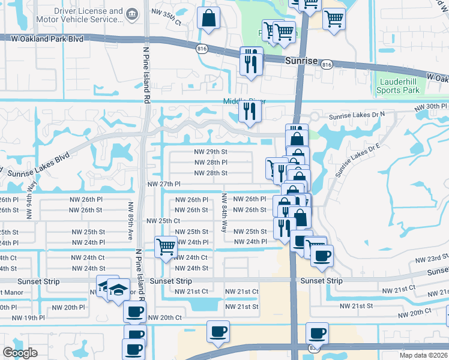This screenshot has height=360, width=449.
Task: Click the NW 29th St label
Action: click(211, 152)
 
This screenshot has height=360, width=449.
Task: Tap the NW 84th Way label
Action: click(224, 212)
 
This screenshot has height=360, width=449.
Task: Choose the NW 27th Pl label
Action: click(164, 184)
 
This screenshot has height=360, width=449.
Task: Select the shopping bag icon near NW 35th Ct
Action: click(208, 19)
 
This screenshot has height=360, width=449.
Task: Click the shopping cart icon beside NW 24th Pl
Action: click(165, 245)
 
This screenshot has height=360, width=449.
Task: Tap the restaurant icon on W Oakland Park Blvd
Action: click(250, 62)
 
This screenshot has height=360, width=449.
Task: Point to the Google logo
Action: click(20, 353)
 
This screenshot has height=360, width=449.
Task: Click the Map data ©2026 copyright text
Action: click(423, 355)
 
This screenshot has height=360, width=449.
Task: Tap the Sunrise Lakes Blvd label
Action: click(39, 164)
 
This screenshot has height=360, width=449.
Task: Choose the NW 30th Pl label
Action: click(432, 107)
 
